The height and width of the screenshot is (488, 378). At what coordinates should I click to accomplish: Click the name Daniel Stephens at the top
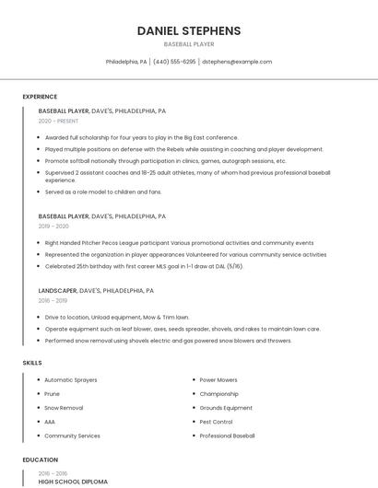point(189,30)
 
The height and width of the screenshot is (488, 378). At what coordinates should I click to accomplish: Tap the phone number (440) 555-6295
point(174,62)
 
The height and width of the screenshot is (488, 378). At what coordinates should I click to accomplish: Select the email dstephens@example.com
point(237,62)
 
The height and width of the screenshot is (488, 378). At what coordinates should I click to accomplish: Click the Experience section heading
point(40,97)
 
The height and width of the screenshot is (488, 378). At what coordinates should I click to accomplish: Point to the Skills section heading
point(32,363)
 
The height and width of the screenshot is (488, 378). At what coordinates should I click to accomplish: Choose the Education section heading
point(41,459)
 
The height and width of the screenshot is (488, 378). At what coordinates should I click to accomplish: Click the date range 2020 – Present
point(58,121)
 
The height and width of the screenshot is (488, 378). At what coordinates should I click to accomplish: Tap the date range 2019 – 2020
point(53,226)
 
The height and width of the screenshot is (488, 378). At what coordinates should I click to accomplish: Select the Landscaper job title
point(57,290)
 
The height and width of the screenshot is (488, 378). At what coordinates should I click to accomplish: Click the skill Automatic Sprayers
point(70,379)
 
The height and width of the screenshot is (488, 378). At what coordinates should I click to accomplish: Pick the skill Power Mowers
point(219,379)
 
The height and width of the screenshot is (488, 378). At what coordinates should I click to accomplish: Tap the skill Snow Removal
point(64,407)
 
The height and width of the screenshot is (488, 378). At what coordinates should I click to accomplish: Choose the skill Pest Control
point(216,421)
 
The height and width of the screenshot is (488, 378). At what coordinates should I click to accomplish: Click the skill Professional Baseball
point(227,435)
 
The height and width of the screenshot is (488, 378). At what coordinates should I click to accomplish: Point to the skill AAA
point(50,421)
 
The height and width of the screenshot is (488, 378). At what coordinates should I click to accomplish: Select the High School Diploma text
point(73,482)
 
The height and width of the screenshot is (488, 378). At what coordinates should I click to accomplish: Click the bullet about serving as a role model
point(102,192)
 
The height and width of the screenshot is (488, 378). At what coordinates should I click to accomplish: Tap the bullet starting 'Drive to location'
point(116,317)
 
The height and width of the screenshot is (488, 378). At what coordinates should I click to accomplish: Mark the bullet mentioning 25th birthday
point(144,266)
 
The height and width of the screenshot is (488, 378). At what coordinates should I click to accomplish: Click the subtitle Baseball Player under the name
point(189,43)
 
